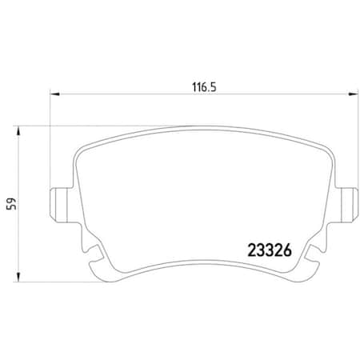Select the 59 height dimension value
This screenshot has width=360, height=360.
point(10,203)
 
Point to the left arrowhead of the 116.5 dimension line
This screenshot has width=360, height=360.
point(54,94)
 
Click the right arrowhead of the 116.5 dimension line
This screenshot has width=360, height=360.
point(351,94)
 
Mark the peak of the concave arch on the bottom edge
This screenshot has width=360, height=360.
point(203,263)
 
